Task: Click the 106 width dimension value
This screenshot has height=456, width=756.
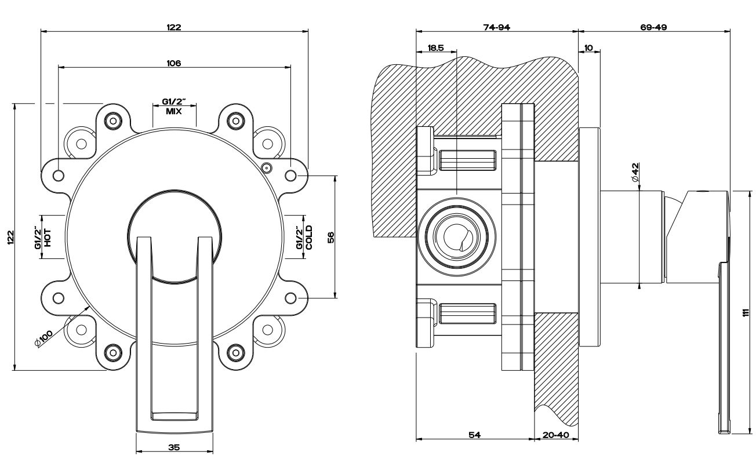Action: pyautogui.click(x=173, y=63)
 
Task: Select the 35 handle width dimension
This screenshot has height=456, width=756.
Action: pyautogui.click(x=175, y=447)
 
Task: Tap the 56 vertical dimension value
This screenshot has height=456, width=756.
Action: pyautogui.click(x=331, y=238)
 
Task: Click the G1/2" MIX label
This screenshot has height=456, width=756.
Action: pyautogui.click(x=174, y=107)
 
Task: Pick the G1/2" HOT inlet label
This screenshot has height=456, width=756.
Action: pyautogui.click(x=44, y=237)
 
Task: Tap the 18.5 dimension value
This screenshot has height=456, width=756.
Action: pyautogui.click(x=435, y=48)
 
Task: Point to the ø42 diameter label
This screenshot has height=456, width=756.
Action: pyautogui.click(x=635, y=173)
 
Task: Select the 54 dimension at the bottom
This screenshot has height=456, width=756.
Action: pyautogui.click(x=474, y=434)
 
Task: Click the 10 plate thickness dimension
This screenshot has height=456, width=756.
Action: pyautogui.click(x=589, y=48)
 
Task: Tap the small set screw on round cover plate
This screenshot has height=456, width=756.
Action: pyautogui.click(x=266, y=169)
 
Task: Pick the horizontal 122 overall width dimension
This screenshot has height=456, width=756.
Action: pyautogui.click(x=174, y=27)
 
